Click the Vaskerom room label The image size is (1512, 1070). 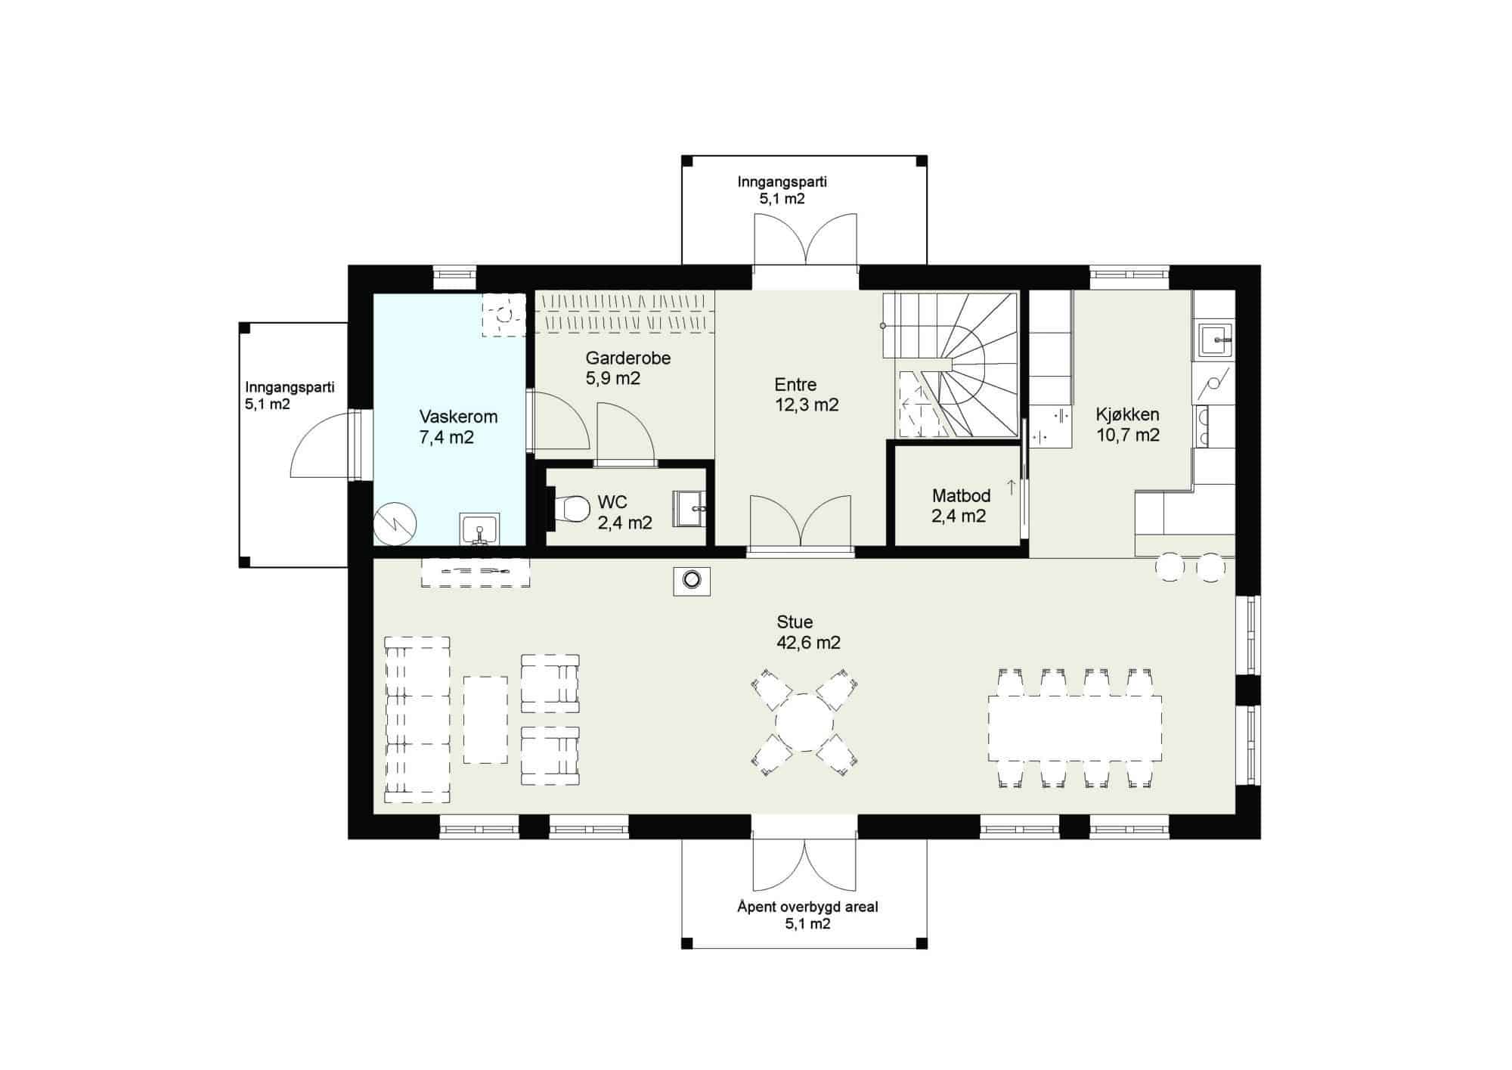[x=458, y=417]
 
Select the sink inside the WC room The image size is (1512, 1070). [x=690, y=507]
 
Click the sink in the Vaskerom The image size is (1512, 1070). [x=479, y=528]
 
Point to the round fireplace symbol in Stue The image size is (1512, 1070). [x=692, y=581]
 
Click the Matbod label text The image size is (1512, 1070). [x=961, y=496]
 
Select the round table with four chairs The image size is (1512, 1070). [x=804, y=722]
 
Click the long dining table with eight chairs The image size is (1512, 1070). [x=1074, y=729]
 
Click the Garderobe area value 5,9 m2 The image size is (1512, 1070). [x=612, y=378]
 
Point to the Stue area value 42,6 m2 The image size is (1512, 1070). [x=808, y=643]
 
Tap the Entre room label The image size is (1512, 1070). [x=795, y=384]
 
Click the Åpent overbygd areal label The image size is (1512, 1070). [x=807, y=907]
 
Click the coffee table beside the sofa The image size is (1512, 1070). [x=485, y=719]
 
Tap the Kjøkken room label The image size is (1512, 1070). [x=1127, y=414]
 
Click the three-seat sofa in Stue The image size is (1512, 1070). [x=417, y=719]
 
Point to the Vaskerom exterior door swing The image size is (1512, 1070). [x=320, y=445]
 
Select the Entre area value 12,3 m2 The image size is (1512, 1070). [x=807, y=405]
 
